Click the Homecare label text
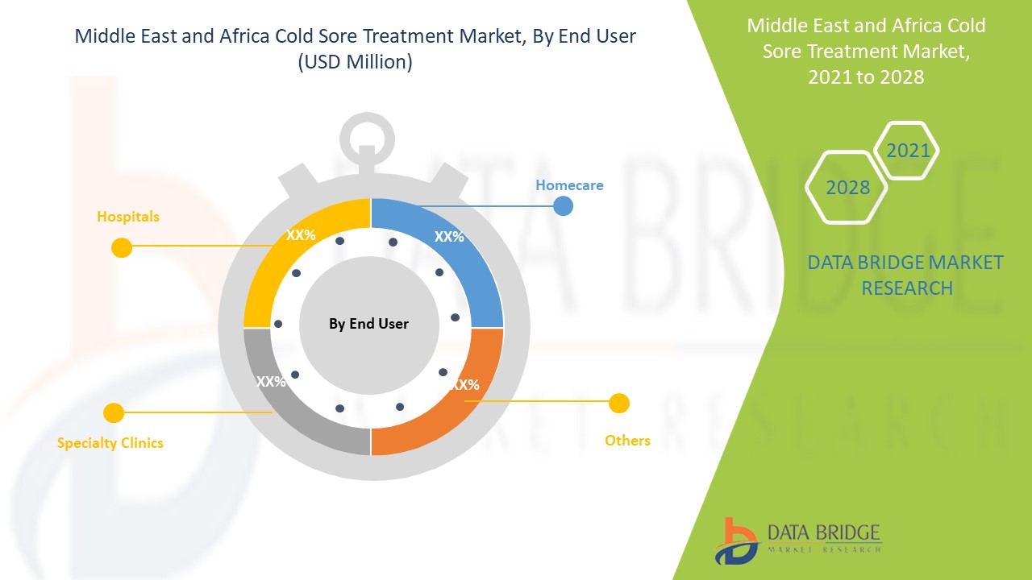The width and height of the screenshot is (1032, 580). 569,185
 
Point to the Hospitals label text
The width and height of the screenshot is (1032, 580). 128,217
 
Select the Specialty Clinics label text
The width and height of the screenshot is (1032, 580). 110,443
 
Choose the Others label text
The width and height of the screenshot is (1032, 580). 627,441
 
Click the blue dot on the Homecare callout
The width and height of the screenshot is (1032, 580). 564,206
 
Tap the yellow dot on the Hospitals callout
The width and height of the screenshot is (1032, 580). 121,247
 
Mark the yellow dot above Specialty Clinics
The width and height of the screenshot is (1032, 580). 114,413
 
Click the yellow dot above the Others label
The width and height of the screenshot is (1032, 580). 619,403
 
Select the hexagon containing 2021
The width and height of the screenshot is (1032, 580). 907,151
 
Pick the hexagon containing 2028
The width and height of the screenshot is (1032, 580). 847,188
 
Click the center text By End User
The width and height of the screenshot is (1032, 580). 368,324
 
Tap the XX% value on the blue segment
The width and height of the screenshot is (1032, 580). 449,237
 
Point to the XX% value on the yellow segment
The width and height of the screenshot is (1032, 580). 301,236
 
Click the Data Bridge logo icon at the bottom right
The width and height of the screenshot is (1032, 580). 736,541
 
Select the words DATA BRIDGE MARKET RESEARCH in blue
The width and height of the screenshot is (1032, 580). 905,275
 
